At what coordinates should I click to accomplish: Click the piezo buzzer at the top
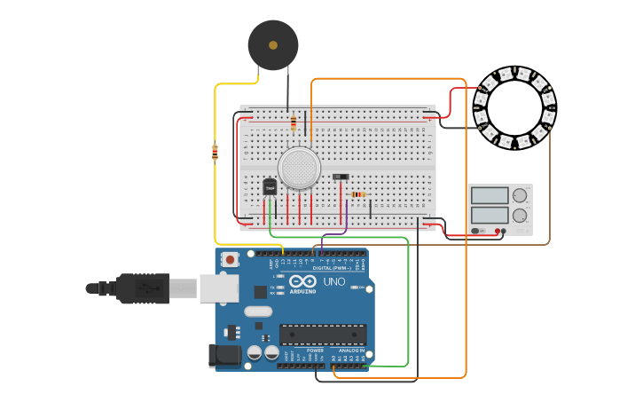tap(272, 44)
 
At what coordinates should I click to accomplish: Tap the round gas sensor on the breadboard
tap(299, 167)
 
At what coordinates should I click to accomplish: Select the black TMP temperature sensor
tap(270, 186)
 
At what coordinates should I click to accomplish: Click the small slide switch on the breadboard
tap(341, 177)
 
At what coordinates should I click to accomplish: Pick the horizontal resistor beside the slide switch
tap(358, 194)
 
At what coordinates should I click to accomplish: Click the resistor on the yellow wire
tap(215, 153)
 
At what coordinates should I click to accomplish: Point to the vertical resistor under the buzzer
tap(293, 122)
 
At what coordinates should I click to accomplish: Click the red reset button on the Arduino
tap(231, 260)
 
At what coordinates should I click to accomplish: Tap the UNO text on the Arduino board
tap(333, 281)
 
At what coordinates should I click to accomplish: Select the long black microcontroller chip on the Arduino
tap(323, 335)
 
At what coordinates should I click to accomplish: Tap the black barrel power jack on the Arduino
tap(223, 356)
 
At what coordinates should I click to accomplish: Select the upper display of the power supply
tap(490, 195)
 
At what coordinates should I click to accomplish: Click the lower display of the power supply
tap(490, 215)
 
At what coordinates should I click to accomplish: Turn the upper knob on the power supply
tap(519, 195)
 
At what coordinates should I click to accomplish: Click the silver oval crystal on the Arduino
tap(257, 311)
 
